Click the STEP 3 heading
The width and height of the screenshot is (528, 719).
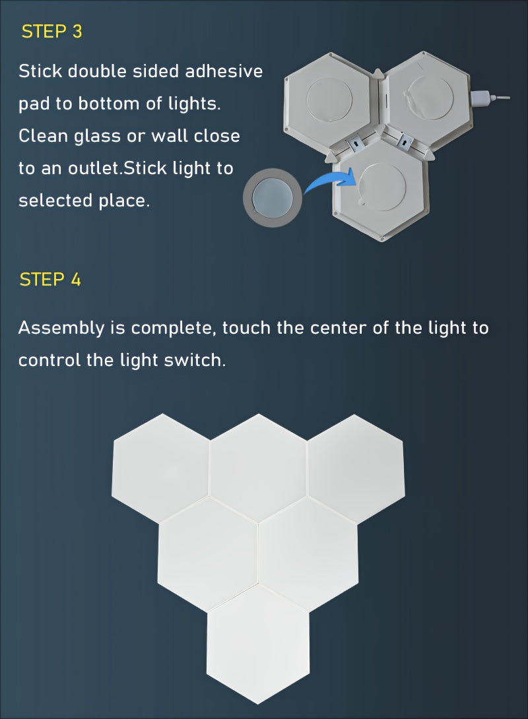coord(51,32)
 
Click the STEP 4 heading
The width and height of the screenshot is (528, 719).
coord(50,279)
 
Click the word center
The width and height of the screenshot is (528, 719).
coord(337,328)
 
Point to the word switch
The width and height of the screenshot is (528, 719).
coord(195,361)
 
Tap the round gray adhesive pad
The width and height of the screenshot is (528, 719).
coord(273,197)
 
